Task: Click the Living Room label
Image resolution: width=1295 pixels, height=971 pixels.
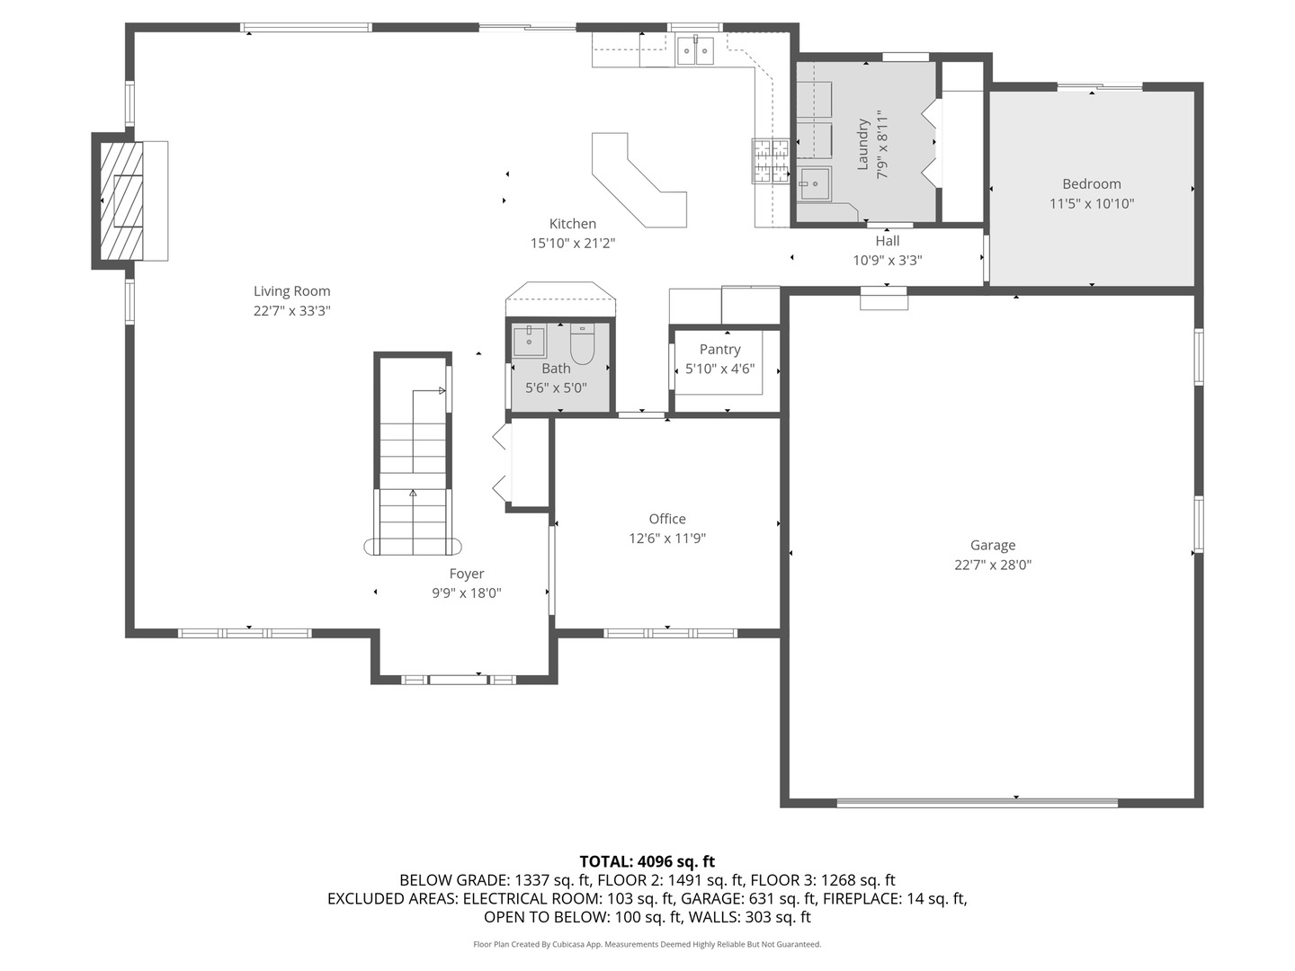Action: click(291, 291)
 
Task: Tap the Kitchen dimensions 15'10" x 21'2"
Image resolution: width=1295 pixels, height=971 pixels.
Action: click(573, 244)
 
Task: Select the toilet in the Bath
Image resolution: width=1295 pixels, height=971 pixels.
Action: click(583, 345)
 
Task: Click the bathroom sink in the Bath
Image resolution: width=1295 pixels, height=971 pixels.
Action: click(529, 342)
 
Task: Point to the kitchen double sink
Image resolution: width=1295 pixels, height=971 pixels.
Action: click(695, 51)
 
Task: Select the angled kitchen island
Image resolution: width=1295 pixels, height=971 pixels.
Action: click(640, 180)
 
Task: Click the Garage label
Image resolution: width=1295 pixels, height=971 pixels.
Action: click(993, 545)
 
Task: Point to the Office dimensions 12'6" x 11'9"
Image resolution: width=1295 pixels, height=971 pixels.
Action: click(667, 539)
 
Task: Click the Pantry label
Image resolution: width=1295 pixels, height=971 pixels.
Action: click(719, 349)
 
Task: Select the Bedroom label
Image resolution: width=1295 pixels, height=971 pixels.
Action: click(1091, 183)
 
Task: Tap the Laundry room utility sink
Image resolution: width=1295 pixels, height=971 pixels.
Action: click(816, 184)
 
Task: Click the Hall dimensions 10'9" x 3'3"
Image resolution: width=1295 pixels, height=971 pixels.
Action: click(888, 261)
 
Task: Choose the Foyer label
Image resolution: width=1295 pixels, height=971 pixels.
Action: click(467, 574)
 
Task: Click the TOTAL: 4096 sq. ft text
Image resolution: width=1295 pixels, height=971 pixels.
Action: click(647, 861)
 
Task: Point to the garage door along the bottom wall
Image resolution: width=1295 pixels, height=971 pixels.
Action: click(978, 802)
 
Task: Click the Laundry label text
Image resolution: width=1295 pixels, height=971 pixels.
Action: click(862, 144)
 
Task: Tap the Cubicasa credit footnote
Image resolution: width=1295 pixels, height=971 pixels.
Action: click(647, 944)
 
